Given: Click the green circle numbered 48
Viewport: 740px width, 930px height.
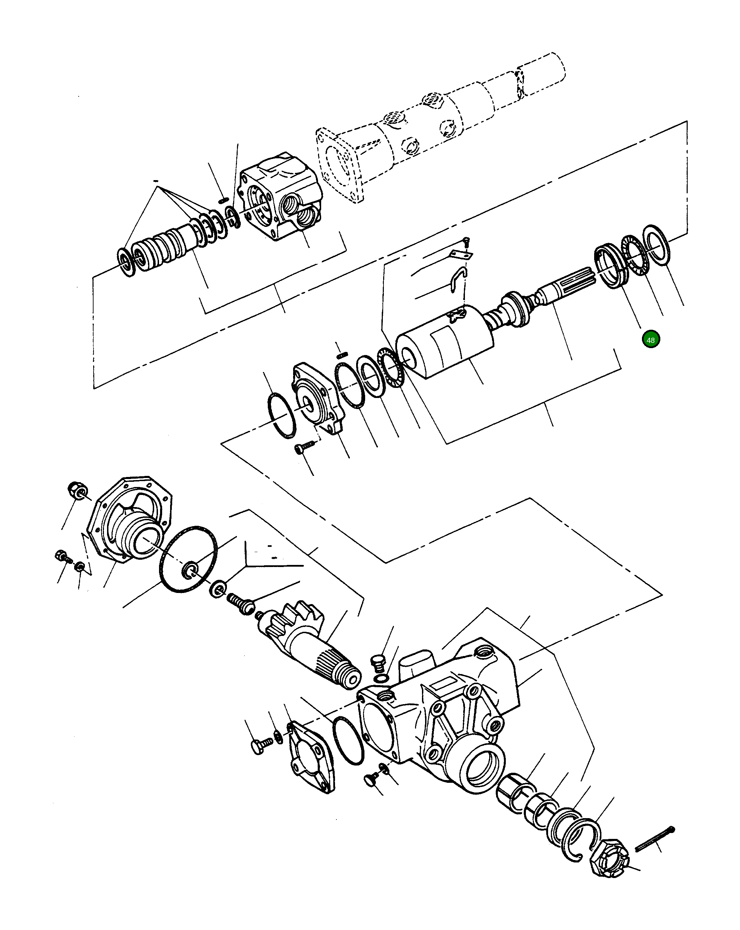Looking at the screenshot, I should click(651, 340).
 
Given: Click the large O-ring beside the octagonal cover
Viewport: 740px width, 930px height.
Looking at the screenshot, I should click(188, 559).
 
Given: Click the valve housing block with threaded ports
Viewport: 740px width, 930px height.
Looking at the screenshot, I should click(281, 198).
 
